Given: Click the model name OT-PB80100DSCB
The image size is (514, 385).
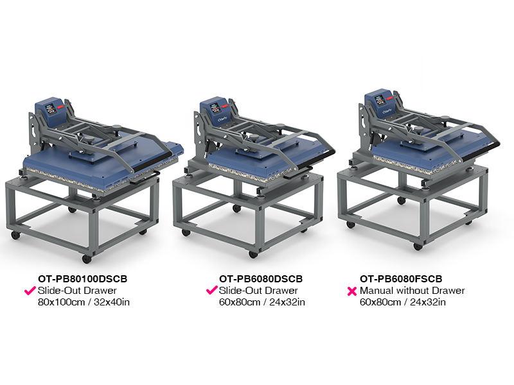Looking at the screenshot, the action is pos(83,279).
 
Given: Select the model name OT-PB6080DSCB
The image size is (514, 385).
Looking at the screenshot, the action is pos(261,279).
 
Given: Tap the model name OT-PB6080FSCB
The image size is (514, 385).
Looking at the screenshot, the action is pos(401,279).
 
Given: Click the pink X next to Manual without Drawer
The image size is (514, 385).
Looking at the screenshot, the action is pos(351,291).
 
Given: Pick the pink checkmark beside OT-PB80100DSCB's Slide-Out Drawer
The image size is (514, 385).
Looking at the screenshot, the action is pos(30,291).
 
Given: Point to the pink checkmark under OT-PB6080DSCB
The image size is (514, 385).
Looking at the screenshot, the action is pos(212,290).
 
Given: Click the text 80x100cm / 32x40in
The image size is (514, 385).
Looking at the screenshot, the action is pos(84,302).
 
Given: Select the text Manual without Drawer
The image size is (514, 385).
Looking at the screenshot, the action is pos(412,291).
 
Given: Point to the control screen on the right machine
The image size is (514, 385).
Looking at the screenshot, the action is pos(380,101).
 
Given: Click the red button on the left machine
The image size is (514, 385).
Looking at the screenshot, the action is pos(60,107).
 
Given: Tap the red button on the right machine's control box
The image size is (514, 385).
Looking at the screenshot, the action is pos(389,98).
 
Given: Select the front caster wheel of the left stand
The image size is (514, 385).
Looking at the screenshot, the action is pos(87,259).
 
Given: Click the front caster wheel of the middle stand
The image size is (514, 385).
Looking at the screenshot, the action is pos(253,254).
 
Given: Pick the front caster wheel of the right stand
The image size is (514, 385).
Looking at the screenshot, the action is pos(418,246).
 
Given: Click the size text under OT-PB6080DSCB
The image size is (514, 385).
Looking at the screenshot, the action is pos(262,302).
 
